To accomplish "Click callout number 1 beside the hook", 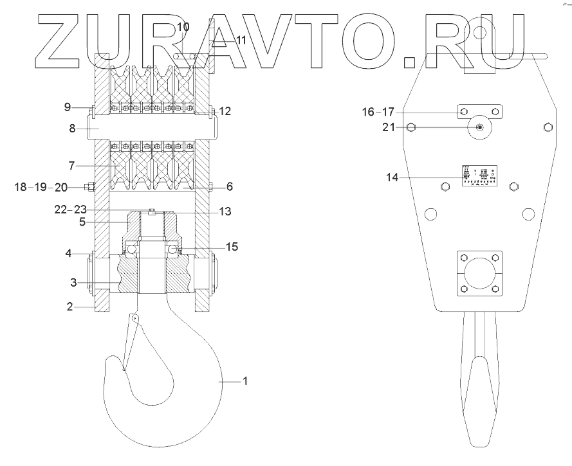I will [x=244, y=381].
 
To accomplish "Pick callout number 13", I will [x=224, y=211].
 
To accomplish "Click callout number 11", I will [x=241, y=40].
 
